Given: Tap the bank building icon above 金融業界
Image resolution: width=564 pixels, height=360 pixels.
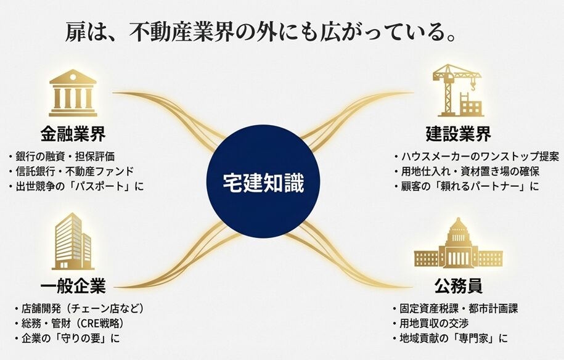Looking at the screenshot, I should [73, 93].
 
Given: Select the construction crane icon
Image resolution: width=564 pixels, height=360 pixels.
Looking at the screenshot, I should [457, 92].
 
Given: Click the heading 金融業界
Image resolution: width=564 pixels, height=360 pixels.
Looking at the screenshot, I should [73, 134].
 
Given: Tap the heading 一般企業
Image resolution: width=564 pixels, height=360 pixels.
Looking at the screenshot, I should [73, 286].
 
